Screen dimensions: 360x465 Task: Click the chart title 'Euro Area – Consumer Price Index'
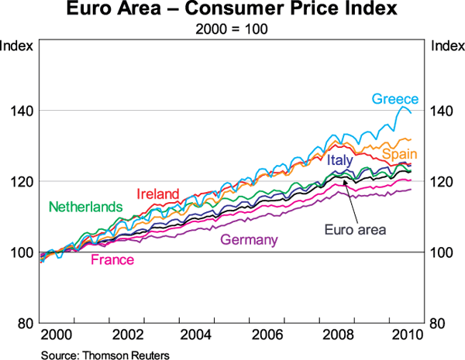(x=232, y=12)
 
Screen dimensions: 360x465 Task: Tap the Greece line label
(x=395, y=99)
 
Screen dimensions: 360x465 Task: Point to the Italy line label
(x=339, y=160)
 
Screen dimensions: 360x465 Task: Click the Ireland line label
(x=158, y=194)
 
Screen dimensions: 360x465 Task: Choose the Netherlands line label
(x=86, y=207)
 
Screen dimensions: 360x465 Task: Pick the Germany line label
(x=249, y=240)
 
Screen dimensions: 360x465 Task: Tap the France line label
(x=112, y=260)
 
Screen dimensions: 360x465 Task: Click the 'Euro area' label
(x=355, y=229)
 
